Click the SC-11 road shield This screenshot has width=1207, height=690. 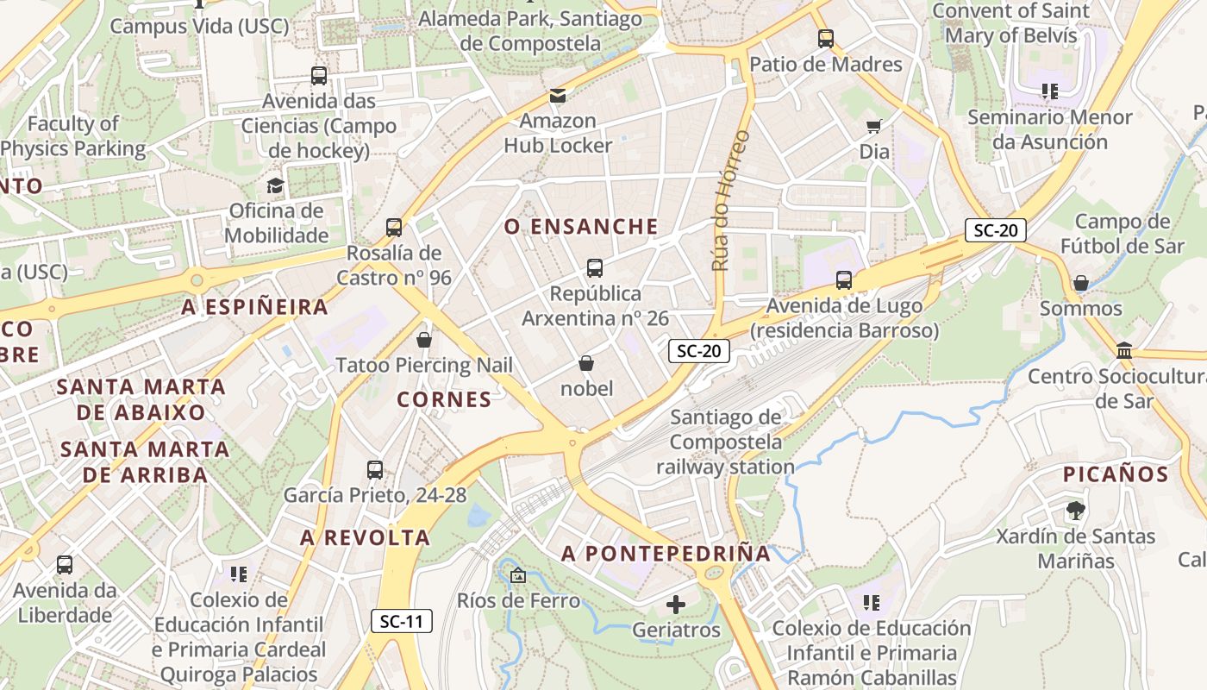pos(402,621)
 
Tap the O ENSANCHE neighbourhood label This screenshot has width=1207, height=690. pos(581,227)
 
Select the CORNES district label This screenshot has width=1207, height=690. pos(444,399)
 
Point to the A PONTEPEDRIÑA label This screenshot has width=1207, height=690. pos(666,554)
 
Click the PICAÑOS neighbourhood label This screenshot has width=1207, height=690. pos(1116,474)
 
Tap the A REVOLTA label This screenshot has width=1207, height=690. pos(365,538)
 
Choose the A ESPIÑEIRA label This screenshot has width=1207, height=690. pos(255,307)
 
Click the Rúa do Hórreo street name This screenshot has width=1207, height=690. pos(729,200)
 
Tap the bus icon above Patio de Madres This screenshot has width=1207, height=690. pos(826,39)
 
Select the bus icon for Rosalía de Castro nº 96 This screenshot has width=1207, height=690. pos(394,228)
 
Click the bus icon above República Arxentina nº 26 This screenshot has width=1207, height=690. pos(595,268)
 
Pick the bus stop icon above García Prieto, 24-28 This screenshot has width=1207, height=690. pos(375,470)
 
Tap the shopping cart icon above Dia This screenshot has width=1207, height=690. pos(874,127)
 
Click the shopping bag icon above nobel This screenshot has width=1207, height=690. pos(586,363)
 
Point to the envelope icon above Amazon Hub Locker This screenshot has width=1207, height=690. pos(558,95)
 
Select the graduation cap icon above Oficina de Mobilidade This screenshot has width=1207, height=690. pos(275,185)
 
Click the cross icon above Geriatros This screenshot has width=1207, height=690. pos(676,605)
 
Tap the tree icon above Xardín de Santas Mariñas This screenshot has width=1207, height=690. pos(1075,511)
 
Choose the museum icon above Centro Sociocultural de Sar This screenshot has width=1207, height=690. pos(1124,350)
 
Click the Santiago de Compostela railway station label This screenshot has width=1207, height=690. pos(726,442)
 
